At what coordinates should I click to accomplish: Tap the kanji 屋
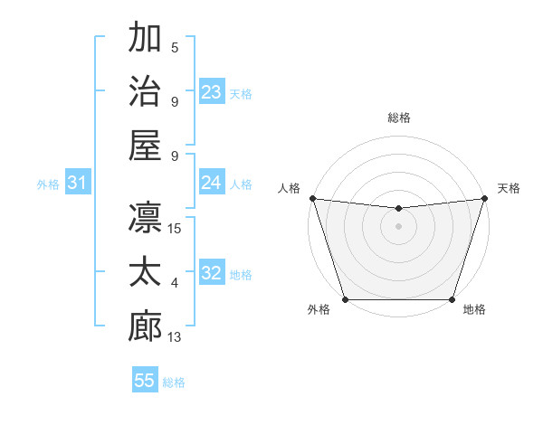(x=145, y=145)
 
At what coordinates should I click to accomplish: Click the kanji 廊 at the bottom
(x=145, y=326)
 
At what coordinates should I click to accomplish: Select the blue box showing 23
(x=212, y=92)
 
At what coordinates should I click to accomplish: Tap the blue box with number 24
(x=212, y=183)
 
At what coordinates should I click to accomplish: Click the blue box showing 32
(x=212, y=274)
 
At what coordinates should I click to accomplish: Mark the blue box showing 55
(x=145, y=381)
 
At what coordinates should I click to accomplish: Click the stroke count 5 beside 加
(x=175, y=48)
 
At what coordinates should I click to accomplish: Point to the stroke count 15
(x=175, y=228)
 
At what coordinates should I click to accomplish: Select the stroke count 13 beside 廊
(x=175, y=337)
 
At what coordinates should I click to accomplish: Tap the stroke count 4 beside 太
(x=175, y=283)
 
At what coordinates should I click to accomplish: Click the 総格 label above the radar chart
(x=398, y=118)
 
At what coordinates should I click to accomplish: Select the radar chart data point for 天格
(x=484, y=198)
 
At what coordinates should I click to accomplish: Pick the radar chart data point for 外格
(x=345, y=299)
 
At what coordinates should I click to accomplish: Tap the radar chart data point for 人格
(x=312, y=198)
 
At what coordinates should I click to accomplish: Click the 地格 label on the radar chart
(x=474, y=310)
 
